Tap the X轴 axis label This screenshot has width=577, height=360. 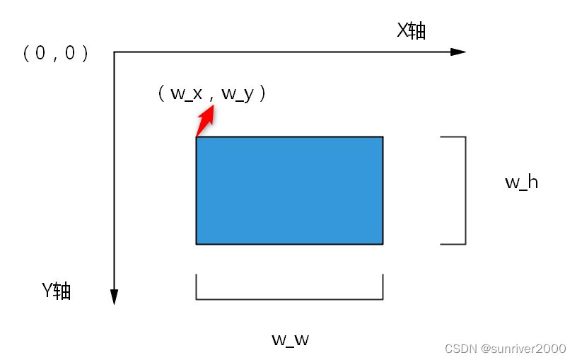411,30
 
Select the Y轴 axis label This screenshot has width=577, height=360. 56,291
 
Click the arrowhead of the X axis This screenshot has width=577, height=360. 458,52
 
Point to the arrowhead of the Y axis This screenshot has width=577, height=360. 114,297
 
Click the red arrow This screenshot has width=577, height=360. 204,122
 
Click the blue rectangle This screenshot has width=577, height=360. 289,190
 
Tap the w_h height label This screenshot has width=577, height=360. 521,182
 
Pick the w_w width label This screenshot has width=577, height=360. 290,339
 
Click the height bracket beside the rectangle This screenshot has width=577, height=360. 465,190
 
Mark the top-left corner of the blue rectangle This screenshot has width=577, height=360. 197,137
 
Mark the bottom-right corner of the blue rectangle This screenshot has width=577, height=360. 383,244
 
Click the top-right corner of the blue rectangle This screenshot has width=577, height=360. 383,137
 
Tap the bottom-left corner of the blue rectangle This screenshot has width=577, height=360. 197,244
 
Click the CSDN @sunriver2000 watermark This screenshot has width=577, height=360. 505,348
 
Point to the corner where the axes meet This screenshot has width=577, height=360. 114,52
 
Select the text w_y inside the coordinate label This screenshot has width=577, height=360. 238,93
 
